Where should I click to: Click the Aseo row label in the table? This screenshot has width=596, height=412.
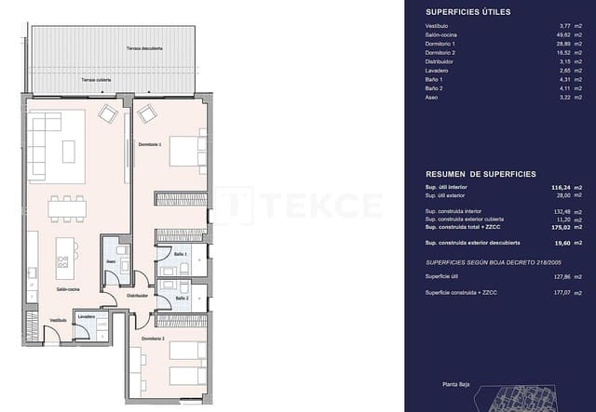[x=432, y=97]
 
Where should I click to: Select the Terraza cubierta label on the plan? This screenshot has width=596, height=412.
[x=96, y=80]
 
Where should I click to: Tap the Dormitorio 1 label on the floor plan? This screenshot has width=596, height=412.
[x=150, y=144]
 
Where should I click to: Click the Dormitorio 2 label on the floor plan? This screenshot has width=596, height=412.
[x=153, y=339]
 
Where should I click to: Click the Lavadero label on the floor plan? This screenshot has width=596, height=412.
[x=87, y=316]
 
